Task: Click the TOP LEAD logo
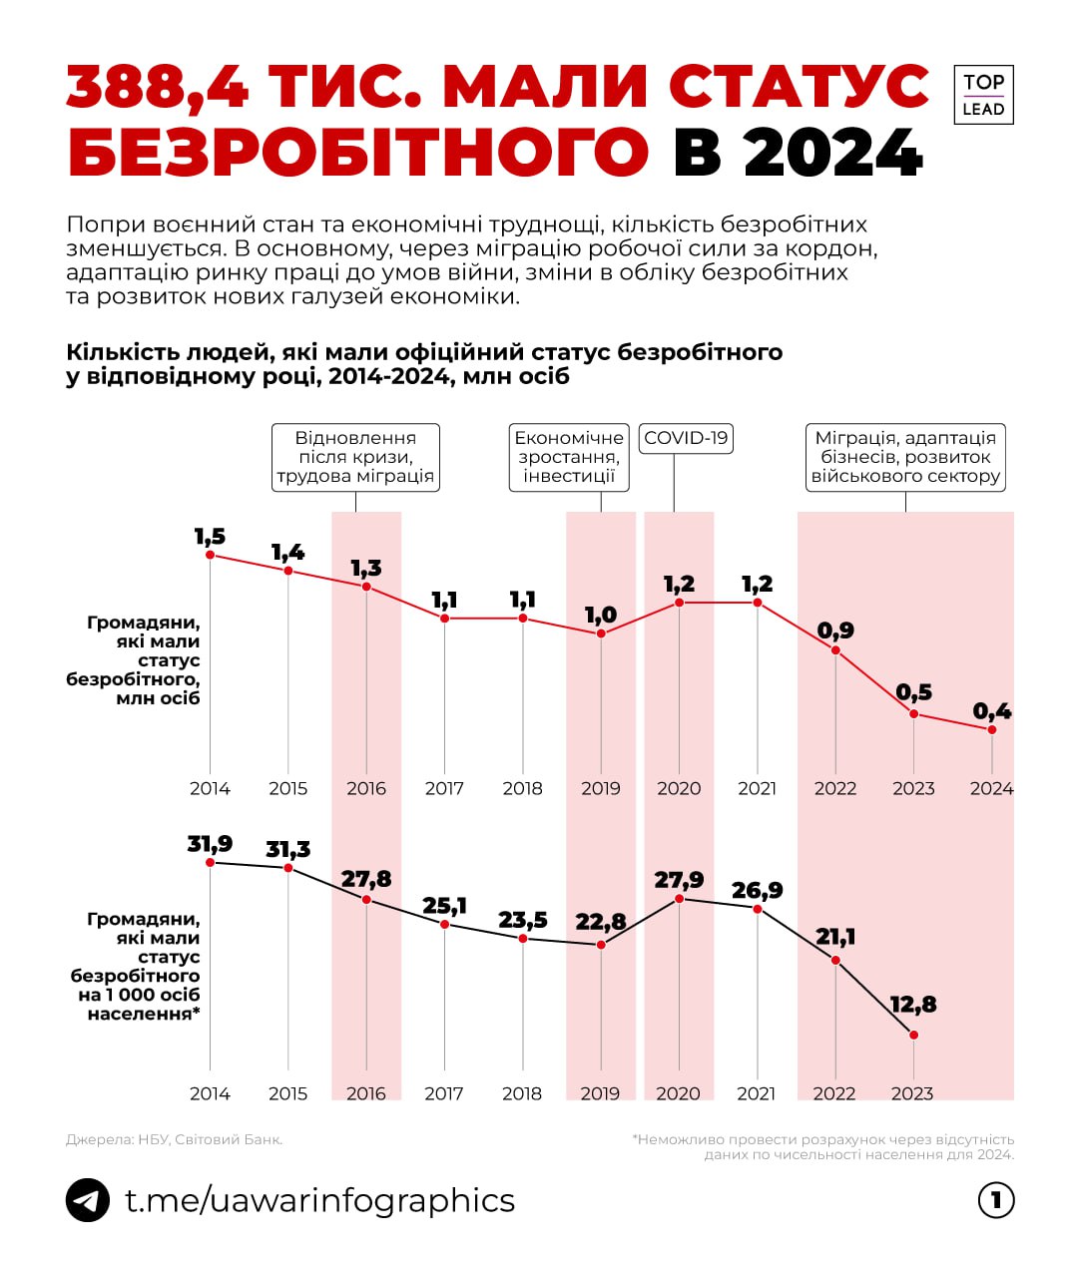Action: click(x=983, y=95)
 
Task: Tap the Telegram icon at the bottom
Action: click(x=88, y=1200)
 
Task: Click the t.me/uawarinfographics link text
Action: click(x=319, y=1200)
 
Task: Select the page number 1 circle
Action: click(x=996, y=1200)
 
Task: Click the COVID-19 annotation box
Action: click(x=686, y=438)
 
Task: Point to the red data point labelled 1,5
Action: click(x=210, y=555)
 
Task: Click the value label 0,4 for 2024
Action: click(x=991, y=711)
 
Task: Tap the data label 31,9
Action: click(x=210, y=844)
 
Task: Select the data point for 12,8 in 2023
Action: click(x=913, y=1035)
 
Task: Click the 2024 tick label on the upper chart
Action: click(x=991, y=788)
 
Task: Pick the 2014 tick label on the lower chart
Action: click(x=210, y=1093)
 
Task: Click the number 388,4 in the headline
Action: click(x=158, y=87)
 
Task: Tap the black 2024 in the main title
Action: click(x=833, y=153)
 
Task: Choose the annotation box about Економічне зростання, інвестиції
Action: click(x=569, y=457)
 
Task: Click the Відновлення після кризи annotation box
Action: click(x=355, y=457)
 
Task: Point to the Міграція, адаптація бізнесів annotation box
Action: click(x=905, y=457)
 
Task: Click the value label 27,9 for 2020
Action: click(x=679, y=880)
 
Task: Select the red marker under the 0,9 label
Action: click(x=835, y=650)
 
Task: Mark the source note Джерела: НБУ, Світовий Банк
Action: click(x=174, y=1139)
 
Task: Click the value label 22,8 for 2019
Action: click(x=601, y=922)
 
